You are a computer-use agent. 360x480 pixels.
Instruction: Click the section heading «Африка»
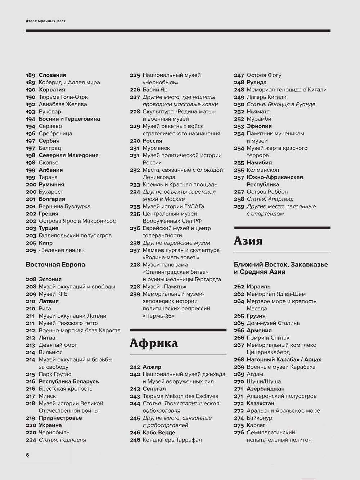point(154,343)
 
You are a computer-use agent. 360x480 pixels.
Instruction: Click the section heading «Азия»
point(248,241)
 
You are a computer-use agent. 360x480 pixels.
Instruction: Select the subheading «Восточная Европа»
point(55,265)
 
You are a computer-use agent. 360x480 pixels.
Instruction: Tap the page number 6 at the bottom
point(27,455)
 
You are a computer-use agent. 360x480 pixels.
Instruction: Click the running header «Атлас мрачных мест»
point(46,21)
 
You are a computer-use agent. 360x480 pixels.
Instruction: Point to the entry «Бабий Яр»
point(155,90)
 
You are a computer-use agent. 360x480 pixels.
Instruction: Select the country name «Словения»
point(53,75)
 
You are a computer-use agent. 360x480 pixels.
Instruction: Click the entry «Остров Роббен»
point(267,192)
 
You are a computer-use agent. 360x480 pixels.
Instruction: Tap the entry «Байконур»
point(259,418)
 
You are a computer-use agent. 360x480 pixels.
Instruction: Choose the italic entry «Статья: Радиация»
point(62,440)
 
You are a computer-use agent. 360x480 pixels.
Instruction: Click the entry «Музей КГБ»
point(53,294)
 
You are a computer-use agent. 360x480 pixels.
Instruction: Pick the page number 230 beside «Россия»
point(135,141)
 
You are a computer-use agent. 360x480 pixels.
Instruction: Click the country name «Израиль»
point(258,287)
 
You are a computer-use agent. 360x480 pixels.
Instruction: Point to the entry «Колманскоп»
point(263,170)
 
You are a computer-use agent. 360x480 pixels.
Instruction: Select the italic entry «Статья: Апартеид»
point(270,199)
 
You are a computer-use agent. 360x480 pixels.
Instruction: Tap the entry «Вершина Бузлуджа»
point(64,206)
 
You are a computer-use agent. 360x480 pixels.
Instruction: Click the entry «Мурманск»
point(156,148)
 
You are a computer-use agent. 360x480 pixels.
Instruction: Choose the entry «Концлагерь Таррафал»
point(172,440)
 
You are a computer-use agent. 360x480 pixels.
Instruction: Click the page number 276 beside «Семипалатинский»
point(239,432)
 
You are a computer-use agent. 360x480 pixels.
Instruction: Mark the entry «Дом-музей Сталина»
point(273,323)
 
